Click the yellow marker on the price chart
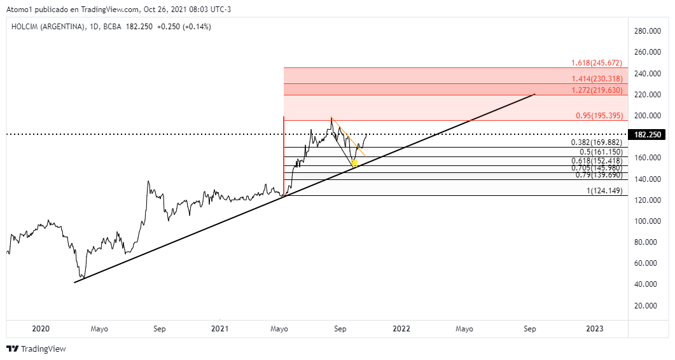354,163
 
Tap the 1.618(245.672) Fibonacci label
596,63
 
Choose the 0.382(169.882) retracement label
596,142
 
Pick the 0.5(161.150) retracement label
599,152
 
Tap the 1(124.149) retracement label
604,191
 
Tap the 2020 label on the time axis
40,329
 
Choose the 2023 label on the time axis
595,329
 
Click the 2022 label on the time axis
401,329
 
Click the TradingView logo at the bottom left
36,349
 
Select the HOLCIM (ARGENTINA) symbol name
48,27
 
